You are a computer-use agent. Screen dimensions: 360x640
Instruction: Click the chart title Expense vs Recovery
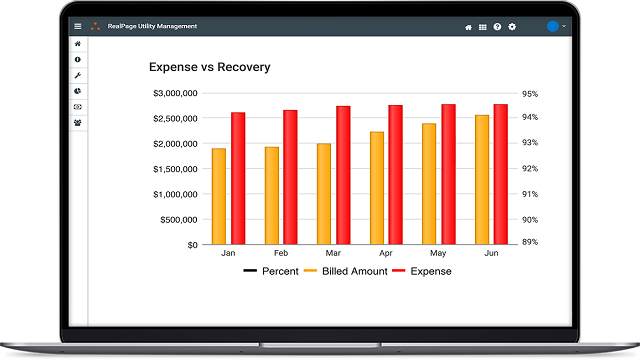point(209,68)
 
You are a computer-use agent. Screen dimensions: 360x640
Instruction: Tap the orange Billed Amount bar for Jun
point(482,180)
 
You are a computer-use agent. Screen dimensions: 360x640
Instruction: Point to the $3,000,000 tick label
point(175,94)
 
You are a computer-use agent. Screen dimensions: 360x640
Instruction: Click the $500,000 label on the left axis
point(180,220)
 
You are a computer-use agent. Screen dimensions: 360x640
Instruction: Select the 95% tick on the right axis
point(529,94)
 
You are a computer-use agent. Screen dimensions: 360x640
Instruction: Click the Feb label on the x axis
point(281,253)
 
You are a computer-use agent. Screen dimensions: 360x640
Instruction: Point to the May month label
point(438,253)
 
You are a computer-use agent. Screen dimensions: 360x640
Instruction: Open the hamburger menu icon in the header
point(78,26)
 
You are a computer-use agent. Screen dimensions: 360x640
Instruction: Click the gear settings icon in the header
point(512,26)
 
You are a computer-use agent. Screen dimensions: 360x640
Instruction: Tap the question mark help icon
point(497,26)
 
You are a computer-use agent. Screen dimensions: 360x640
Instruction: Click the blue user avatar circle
point(553,26)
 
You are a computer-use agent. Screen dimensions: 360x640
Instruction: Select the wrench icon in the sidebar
point(78,76)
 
